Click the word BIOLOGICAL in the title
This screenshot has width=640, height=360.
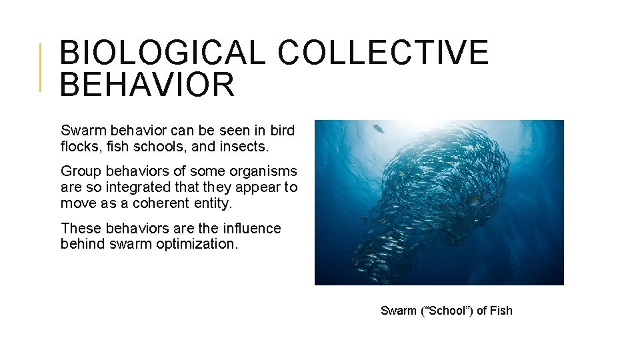pyautogui.click(x=162, y=52)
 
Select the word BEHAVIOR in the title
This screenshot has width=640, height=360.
pyautogui.click(x=147, y=84)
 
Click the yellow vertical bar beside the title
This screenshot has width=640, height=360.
pyautogui.click(x=41, y=67)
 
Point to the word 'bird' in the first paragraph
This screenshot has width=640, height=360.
pyautogui.click(x=283, y=129)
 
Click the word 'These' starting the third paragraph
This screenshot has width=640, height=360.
pyautogui.click(x=78, y=228)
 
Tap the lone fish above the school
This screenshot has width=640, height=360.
pyautogui.click(x=379, y=129)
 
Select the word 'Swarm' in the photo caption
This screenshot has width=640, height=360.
pyautogui.click(x=397, y=311)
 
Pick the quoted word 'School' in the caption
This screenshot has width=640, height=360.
pyautogui.click(x=446, y=311)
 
